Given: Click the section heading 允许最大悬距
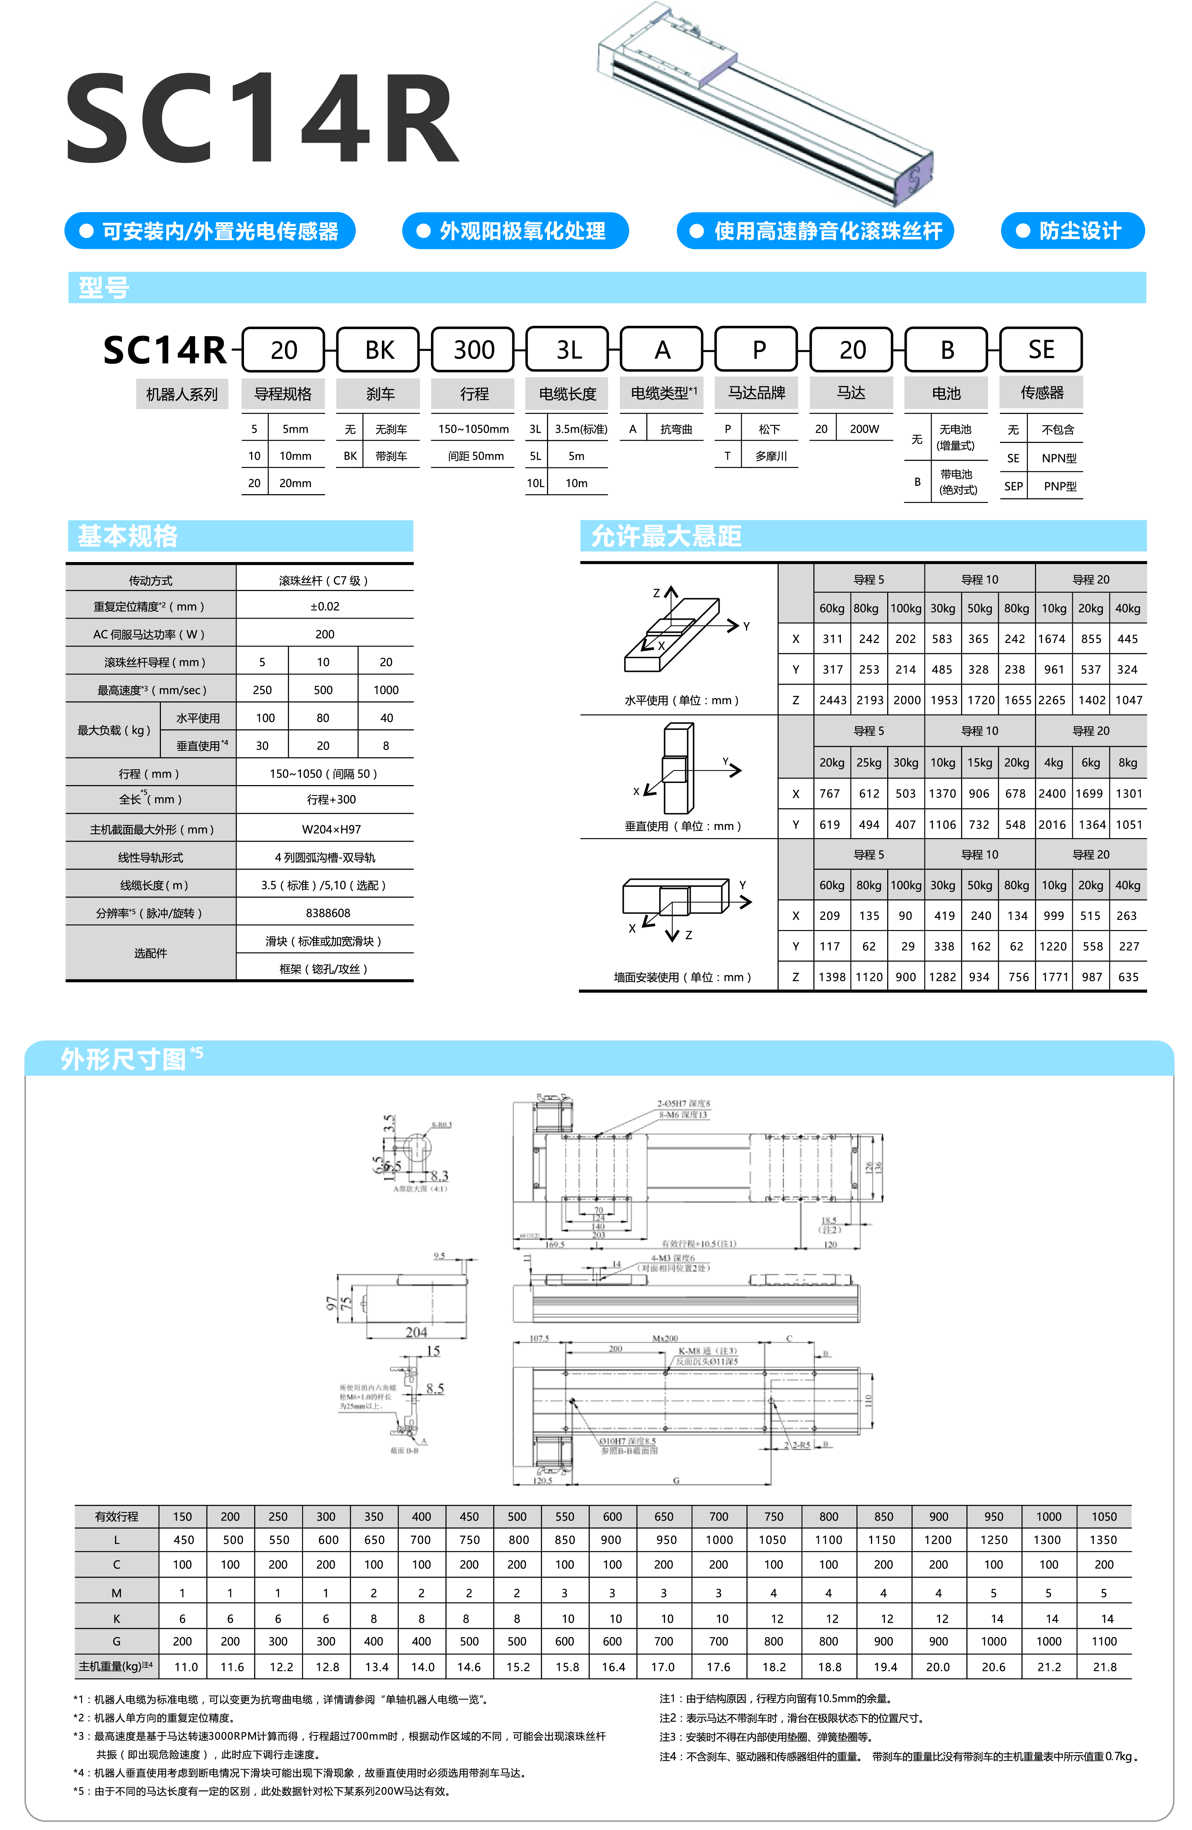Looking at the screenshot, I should pos(666,536).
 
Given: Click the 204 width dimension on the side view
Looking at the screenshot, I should pos(416,1332).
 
